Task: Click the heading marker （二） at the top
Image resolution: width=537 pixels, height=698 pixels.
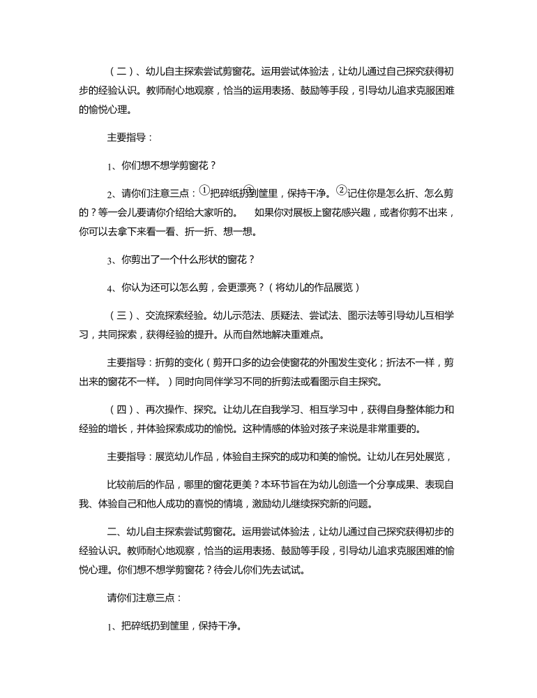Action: pos(121,71)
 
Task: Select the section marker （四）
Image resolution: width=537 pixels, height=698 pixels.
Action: pos(121,408)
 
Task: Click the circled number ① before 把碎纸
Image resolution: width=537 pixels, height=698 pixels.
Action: pos(204,190)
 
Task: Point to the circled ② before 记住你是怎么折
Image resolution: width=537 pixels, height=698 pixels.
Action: pos(341,190)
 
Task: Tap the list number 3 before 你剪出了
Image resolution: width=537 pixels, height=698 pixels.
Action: pos(110,260)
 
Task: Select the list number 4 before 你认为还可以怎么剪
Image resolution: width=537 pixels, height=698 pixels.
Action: pos(110,288)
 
